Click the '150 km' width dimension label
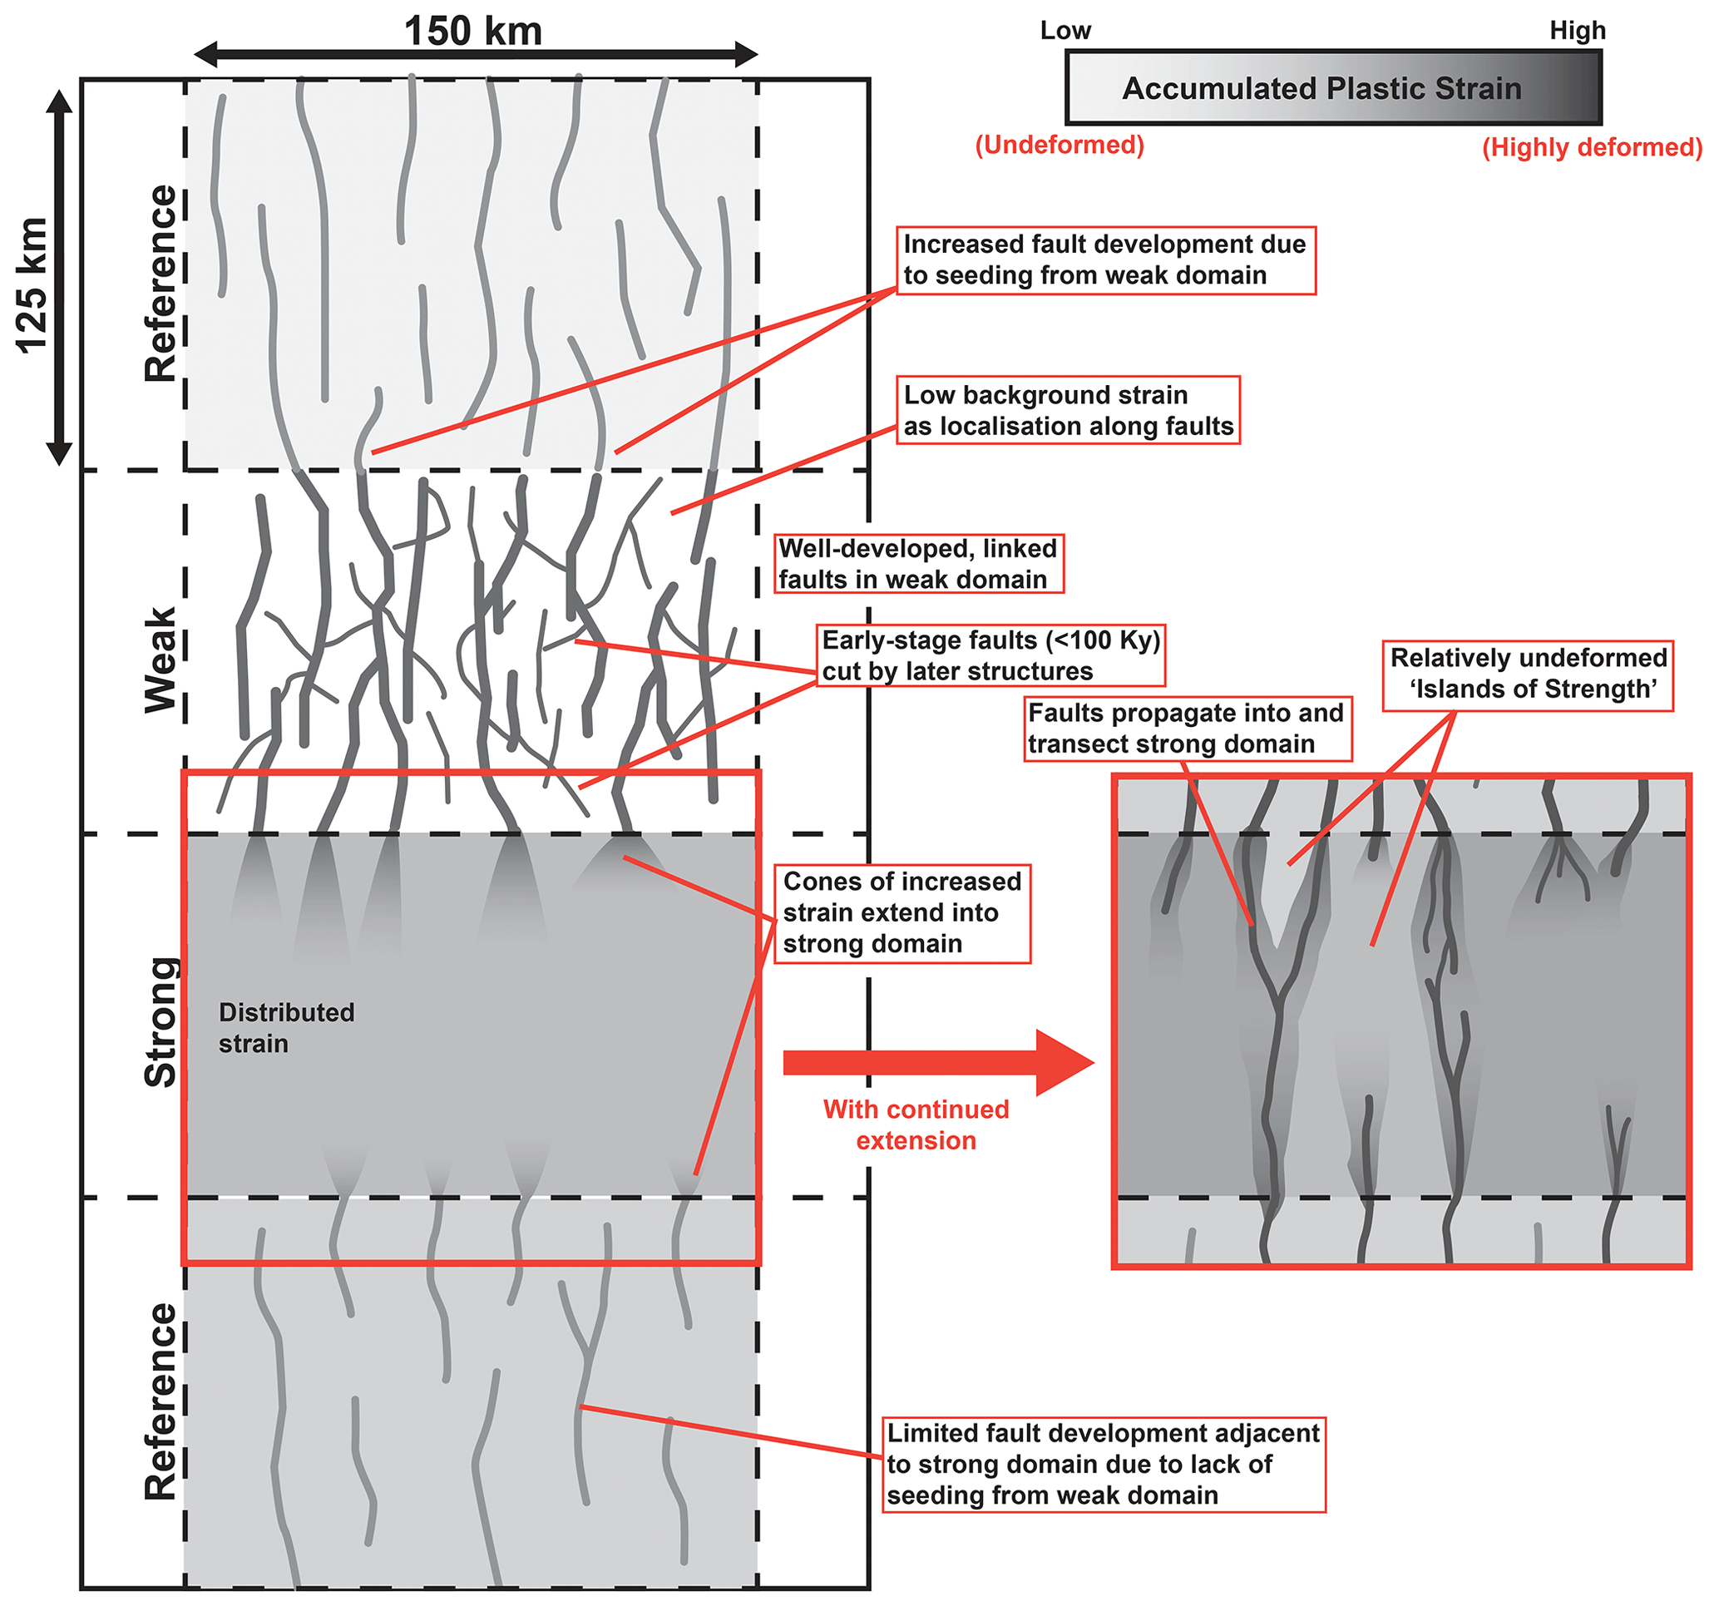pos(473,32)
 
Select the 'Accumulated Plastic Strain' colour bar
pos(1333,88)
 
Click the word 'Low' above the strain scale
pos(1065,31)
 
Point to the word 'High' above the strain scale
pos(1577,31)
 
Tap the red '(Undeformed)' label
pos(1060,145)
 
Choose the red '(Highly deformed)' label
pos(1592,147)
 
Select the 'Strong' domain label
pos(161,1021)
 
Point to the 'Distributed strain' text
pos(286,1027)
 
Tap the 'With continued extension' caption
pos(916,1124)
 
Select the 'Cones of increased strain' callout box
pos(901,912)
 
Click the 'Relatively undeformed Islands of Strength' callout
pos(1528,674)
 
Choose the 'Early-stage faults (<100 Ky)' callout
pos(991,655)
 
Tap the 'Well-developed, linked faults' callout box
pos(917,564)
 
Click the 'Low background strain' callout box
pos(1068,410)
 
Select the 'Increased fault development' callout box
pos(1105,259)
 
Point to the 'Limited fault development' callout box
pos(1104,1464)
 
